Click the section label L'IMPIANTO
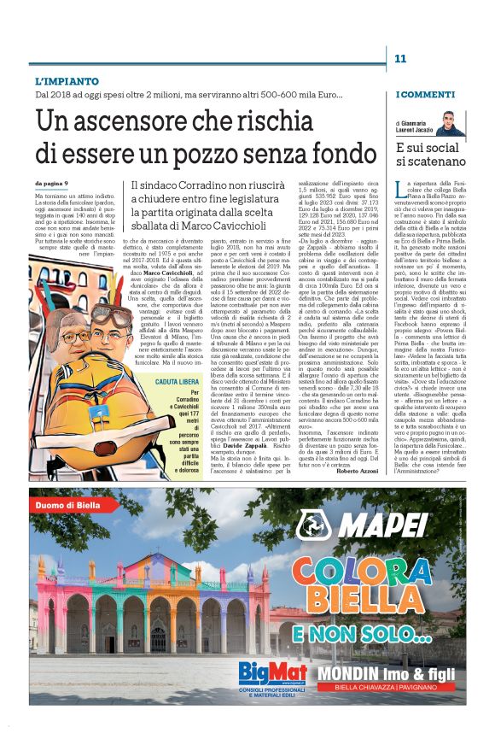coord(62,80)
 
